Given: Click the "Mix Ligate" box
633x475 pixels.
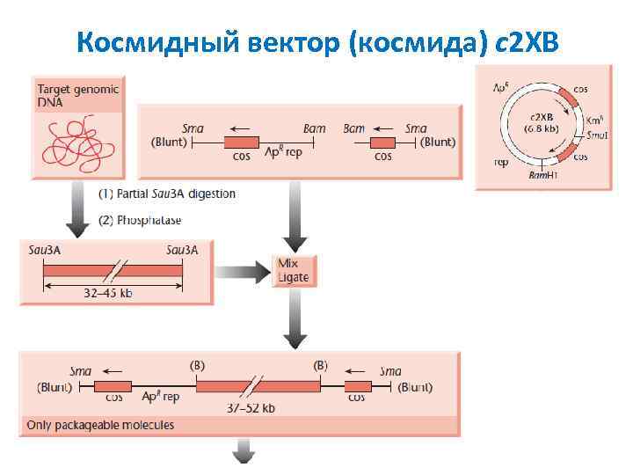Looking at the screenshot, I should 294,270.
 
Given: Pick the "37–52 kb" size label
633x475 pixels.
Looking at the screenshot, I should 251,408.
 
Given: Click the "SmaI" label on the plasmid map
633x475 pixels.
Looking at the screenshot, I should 598,135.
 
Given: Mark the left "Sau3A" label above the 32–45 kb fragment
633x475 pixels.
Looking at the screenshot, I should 44,250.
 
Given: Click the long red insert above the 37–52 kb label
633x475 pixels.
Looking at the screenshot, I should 258,386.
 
